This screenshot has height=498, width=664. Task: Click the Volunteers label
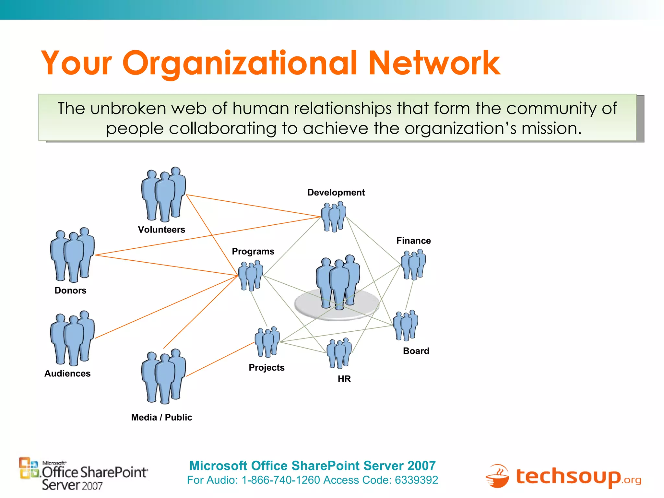tap(161, 230)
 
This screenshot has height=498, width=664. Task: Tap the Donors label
tap(70, 290)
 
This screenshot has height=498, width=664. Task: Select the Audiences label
tap(67, 373)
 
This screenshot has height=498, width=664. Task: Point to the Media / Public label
tap(161, 417)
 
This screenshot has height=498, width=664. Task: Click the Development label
tap(336, 192)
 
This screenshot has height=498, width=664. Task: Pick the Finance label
tap(413, 241)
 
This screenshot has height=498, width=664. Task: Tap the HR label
tap(344, 379)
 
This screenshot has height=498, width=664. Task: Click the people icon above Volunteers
tap(164, 194)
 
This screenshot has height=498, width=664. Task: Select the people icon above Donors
tap(72, 255)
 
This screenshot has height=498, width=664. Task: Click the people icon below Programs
tap(251, 276)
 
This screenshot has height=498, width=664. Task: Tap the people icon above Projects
tap(267, 342)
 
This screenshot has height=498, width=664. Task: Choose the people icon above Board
tap(405, 325)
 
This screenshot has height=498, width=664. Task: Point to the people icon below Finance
tap(413, 265)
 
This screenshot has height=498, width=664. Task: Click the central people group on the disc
tap(338, 282)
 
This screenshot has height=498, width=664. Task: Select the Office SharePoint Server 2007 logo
tap(84, 474)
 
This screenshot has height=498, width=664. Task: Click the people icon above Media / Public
tap(164, 376)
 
